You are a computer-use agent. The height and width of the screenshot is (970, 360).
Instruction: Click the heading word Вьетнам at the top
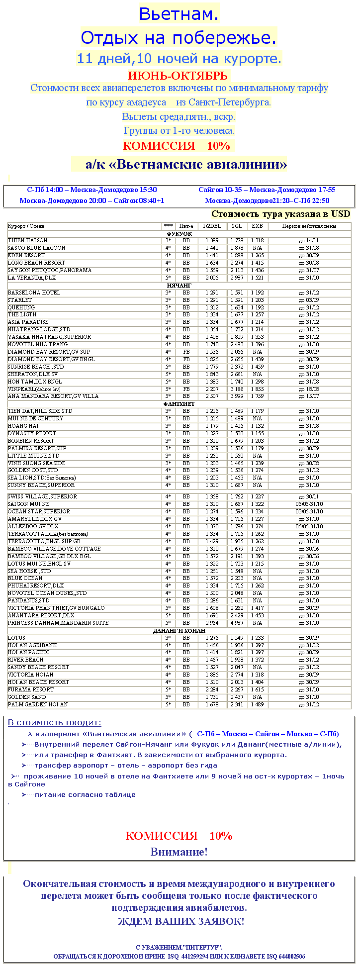coord(179,14)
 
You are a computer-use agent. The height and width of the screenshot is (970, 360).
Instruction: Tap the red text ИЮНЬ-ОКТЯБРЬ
coord(178,76)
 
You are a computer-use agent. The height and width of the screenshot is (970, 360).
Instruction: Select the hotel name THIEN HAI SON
coord(28,240)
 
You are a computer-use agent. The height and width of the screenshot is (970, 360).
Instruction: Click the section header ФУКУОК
coord(180,233)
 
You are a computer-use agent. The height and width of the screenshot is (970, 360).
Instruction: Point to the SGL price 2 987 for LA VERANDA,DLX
coord(237,278)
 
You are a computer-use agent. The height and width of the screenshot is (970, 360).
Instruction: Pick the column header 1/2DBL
coord(213,226)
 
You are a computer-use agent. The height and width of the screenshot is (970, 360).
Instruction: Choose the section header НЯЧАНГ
coord(180,286)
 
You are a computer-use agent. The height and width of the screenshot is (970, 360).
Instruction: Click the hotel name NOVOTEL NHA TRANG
coord(38,344)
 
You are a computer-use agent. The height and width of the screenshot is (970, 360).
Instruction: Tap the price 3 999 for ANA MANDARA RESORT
coord(237,396)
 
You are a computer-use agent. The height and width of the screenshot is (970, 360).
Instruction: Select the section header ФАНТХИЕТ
coord(179,404)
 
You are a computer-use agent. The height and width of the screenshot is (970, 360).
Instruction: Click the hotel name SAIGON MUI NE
coord(29,504)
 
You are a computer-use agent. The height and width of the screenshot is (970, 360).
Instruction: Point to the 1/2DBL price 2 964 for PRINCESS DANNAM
coord(213,623)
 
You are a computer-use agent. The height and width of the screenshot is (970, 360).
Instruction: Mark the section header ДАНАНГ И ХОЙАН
coord(179,631)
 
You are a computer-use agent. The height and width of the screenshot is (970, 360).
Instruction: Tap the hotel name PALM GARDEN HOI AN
coord(38,704)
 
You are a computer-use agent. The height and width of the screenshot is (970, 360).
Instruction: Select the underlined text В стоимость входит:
coord(55,723)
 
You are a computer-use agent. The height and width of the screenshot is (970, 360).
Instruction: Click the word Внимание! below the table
coord(179,852)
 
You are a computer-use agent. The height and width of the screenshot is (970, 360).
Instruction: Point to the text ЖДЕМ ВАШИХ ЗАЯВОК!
coord(181,921)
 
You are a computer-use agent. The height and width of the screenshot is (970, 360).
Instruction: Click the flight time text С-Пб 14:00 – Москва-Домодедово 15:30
coord(92,190)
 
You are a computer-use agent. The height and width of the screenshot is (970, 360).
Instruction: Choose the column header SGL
coord(237,226)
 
